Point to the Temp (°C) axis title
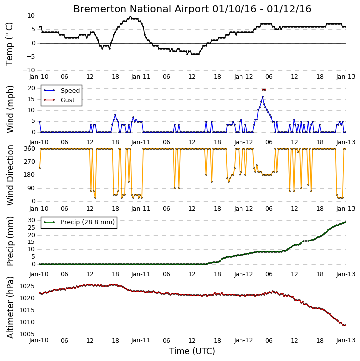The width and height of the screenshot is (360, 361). [x=9, y=44]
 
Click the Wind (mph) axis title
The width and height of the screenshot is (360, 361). [x=10, y=110]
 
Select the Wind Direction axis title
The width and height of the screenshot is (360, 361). [x=10, y=175]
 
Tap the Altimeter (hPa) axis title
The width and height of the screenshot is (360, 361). [x=10, y=307]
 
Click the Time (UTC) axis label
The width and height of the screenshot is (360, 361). [x=192, y=351]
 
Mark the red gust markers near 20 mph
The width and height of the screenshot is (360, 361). [x=264, y=90]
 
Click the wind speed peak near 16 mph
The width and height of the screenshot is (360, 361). [x=263, y=97]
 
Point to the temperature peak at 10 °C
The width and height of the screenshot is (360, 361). [x=130, y=16]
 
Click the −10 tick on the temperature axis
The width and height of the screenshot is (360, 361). [x=29, y=70]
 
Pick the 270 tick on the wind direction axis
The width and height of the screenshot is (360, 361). [x=30, y=162]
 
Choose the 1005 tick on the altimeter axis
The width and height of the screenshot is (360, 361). [x=27, y=334]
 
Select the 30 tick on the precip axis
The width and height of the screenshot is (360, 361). [x=31, y=220]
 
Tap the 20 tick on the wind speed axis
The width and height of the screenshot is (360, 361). [x=31, y=88]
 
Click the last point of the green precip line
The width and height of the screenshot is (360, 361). [x=345, y=222]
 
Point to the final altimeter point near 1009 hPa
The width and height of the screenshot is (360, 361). [x=345, y=325]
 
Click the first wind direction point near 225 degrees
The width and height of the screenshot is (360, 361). [x=40, y=168]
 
